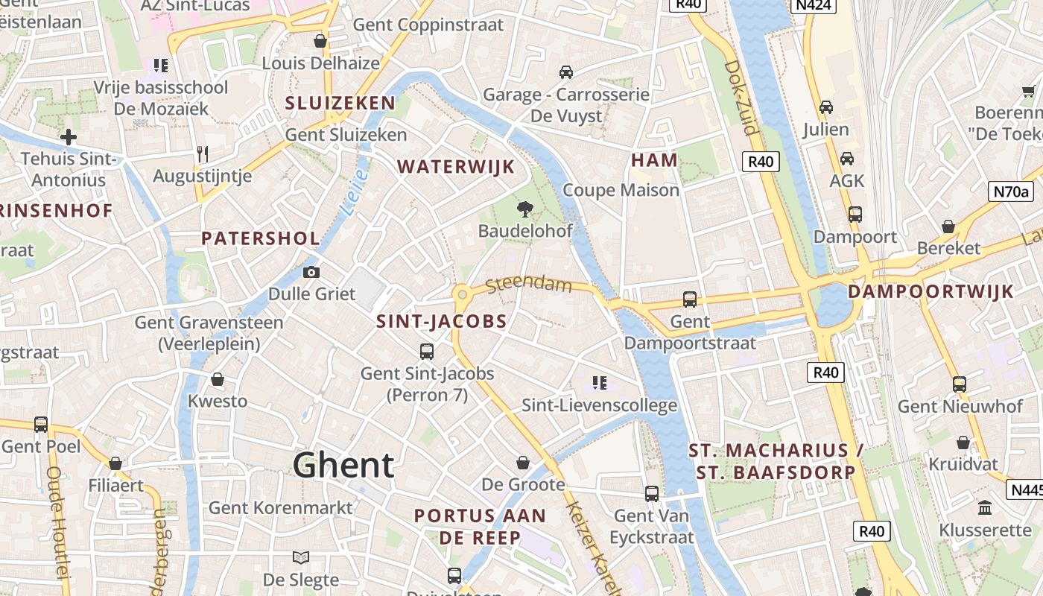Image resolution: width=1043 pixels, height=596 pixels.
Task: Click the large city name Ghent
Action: click(x=343, y=465)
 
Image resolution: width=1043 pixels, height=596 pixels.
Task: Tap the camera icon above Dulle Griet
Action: click(x=311, y=273)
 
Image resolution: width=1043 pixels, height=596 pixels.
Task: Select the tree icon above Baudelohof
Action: click(x=525, y=209)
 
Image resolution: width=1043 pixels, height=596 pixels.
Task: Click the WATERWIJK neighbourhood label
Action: click(x=456, y=167)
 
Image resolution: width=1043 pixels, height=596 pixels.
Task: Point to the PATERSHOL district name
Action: click(x=261, y=238)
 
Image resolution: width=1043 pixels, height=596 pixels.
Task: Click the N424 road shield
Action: click(x=813, y=4)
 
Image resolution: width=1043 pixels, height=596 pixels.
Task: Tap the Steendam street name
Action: click(x=528, y=285)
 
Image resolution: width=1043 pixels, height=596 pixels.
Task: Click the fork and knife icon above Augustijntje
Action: click(x=203, y=154)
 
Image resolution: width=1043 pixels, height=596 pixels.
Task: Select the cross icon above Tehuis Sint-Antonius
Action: click(x=69, y=137)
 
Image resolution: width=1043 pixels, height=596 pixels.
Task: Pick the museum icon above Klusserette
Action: click(x=985, y=508)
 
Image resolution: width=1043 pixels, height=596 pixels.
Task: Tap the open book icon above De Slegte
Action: click(x=301, y=557)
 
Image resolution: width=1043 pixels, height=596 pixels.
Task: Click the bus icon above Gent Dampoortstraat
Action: click(x=690, y=299)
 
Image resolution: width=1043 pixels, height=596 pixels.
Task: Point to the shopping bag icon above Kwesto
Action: click(x=218, y=380)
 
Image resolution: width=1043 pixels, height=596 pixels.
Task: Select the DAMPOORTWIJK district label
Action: click(x=931, y=291)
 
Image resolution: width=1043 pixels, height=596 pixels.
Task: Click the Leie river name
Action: click(x=357, y=193)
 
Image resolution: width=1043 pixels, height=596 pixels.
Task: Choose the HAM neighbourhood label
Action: click(x=654, y=160)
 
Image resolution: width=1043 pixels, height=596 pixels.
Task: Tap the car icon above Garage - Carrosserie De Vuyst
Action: click(x=566, y=72)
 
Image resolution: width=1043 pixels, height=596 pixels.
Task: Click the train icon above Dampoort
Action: click(x=855, y=215)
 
